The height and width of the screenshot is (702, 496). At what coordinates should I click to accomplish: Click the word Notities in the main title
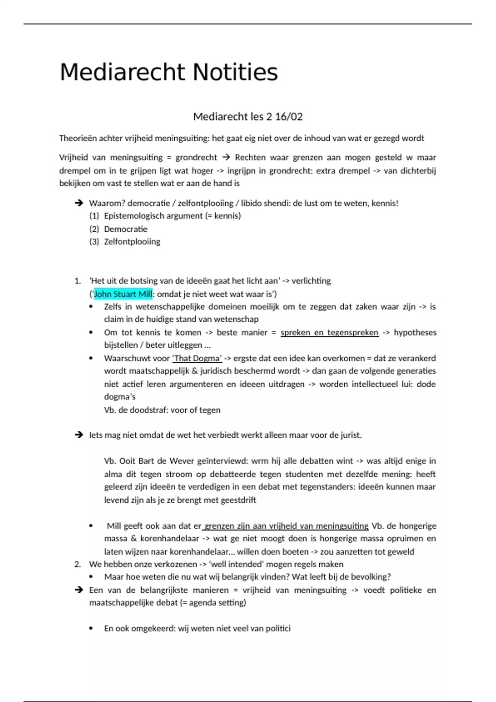click(x=235, y=72)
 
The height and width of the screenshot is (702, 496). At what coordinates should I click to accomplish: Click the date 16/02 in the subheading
click(x=289, y=117)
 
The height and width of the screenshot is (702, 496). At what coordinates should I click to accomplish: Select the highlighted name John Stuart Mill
click(x=123, y=294)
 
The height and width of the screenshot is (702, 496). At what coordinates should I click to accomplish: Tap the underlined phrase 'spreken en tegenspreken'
click(x=329, y=332)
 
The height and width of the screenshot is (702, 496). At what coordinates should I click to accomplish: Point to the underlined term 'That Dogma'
click(x=197, y=358)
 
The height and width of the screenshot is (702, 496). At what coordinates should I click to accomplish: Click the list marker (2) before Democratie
click(x=94, y=229)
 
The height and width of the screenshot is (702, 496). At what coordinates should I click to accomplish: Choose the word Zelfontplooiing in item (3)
click(x=132, y=242)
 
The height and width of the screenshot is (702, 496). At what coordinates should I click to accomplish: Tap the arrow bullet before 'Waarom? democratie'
click(x=79, y=203)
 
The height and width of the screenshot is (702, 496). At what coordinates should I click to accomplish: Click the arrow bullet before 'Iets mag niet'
click(x=79, y=435)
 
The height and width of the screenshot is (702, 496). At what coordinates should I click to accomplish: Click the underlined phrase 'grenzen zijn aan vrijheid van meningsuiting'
click(x=286, y=526)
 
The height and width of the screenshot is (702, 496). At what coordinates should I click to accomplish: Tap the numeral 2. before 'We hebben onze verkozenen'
click(x=78, y=564)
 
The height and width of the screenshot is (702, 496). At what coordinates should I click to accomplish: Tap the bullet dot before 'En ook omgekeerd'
click(x=91, y=628)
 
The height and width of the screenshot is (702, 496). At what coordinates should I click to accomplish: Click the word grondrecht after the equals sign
click(x=196, y=157)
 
